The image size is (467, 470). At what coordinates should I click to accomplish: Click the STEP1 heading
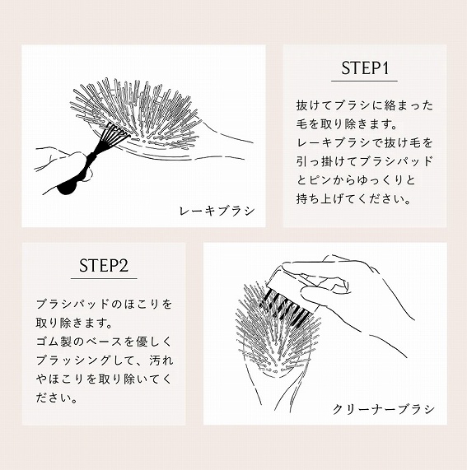click(x=364, y=68)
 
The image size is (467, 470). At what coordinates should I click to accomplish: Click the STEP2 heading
click(x=104, y=266)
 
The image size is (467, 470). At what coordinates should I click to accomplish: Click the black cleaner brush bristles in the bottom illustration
click(x=283, y=309)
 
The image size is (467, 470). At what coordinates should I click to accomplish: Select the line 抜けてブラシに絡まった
click(x=364, y=106)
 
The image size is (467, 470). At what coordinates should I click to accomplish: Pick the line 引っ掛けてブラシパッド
click(x=364, y=162)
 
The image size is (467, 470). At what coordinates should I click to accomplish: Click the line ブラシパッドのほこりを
click(x=104, y=304)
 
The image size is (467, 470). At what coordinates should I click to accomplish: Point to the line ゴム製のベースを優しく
click(x=104, y=342)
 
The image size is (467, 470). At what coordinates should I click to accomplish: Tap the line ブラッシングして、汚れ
click(x=104, y=361)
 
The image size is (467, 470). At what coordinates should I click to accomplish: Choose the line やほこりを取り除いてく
click(x=104, y=379)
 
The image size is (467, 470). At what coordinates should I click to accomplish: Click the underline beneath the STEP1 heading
click(x=364, y=81)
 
